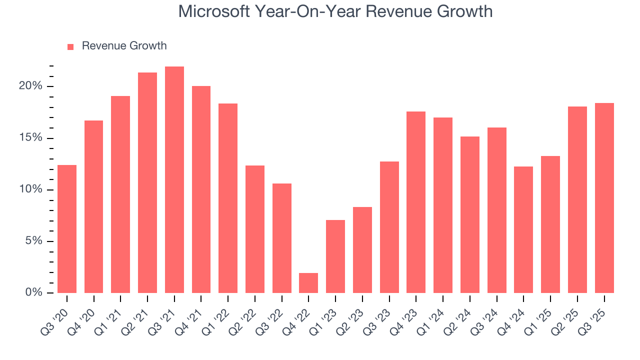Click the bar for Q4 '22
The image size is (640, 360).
click(x=308, y=283)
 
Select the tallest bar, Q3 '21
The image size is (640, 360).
click(x=174, y=180)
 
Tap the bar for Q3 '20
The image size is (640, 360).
click(x=67, y=229)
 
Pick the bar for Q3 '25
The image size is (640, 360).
click(x=604, y=198)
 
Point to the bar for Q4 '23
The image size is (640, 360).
click(x=416, y=202)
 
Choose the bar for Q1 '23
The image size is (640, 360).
click(x=335, y=256)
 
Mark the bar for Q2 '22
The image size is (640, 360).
click(x=254, y=229)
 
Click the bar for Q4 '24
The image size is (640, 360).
click(x=523, y=229)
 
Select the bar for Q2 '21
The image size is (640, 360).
click(x=147, y=182)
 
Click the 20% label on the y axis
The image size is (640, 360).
click(x=30, y=86)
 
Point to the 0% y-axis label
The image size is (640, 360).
click(x=33, y=292)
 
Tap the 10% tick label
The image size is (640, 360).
click(x=30, y=189)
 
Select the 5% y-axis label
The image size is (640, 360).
click(x=33, y=241)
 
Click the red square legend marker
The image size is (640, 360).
click(x=70, y=46)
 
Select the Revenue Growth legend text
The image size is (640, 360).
click(x=124, y=46)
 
